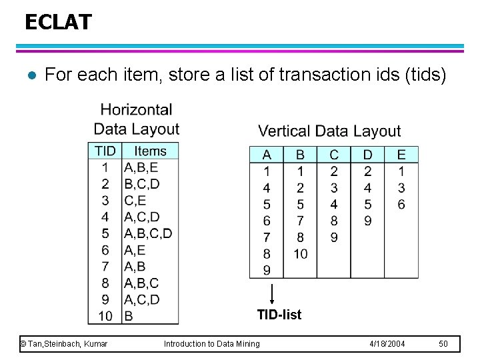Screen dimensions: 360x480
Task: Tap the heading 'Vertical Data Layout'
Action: (329, 131)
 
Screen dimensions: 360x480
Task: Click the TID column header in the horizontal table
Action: (105, 151)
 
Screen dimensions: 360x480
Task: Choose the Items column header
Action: (150, 151)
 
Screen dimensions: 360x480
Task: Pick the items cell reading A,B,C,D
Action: (148, 233)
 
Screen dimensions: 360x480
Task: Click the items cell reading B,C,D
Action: (141, 183)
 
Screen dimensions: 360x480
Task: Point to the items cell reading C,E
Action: (135, 200)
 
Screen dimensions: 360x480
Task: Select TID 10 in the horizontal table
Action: (105, 315)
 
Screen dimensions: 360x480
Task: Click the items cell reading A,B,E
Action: (141, 167)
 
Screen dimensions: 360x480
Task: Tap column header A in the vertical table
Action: (267, 155)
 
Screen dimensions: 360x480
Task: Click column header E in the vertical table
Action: (401, 155)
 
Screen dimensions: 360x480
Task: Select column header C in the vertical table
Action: (334, 155)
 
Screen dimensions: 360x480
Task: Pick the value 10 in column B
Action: (300, 254)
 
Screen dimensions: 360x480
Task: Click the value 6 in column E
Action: (401, 204)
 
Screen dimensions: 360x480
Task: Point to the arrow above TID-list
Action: (272, 294)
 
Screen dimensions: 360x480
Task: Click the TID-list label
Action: (279, 314)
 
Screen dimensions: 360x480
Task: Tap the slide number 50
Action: (444, 343)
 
